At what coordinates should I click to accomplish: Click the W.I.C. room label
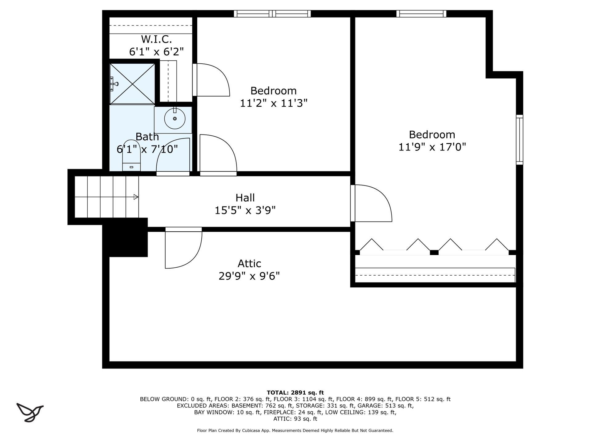156,39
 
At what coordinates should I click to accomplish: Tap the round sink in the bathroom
175,118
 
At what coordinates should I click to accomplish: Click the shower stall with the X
132,84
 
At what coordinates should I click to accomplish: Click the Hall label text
245,198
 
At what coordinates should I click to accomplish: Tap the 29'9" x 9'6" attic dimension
249,276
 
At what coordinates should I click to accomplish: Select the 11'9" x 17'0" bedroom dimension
432,147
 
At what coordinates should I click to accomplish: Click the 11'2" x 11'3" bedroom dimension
274,103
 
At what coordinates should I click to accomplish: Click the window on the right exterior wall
520,140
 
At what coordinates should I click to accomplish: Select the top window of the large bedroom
421,14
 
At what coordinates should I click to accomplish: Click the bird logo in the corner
30,412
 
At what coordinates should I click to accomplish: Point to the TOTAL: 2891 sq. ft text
295,393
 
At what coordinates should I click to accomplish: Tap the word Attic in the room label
249,264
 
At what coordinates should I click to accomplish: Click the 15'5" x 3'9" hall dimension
245,210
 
